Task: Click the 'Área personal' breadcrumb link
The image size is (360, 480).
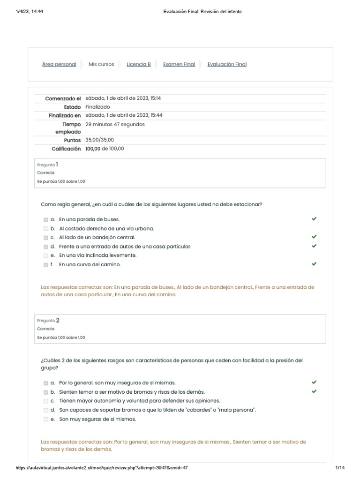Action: tap(59, 64)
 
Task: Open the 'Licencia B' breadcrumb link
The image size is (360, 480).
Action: tap(139, 64)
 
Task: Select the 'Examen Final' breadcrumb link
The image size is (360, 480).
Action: tap(179, 64)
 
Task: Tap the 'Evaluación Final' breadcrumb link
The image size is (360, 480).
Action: tap(227, 64)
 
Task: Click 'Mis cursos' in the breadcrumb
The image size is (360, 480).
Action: tap(101, 64)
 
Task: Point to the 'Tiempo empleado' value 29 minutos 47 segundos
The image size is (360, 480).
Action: tap(115, 124)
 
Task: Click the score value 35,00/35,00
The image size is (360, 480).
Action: tap(99, 140)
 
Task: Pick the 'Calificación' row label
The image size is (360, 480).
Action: tap(66, 149)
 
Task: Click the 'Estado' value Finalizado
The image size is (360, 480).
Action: tap(98, 107)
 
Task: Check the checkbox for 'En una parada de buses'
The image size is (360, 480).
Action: tap(45, 219)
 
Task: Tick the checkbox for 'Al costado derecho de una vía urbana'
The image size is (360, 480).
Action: tap(45, 229)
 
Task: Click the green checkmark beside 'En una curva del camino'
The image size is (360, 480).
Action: tap(314, 264)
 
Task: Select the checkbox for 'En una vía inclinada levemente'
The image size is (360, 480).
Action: tap(45, 255)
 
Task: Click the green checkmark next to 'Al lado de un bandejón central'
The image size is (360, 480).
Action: tap(314, 237)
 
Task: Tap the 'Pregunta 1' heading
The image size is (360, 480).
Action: tap(48, 165)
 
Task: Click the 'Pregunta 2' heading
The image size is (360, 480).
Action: tap(48, 321)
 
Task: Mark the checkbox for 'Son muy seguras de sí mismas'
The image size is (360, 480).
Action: tap(45, 419)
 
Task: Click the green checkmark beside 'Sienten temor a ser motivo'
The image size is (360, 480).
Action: tap(314, 391)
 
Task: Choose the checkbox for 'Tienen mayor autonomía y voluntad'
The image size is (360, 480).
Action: tap(45, 401)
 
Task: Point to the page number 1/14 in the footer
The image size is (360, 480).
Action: tap(340, 468)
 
